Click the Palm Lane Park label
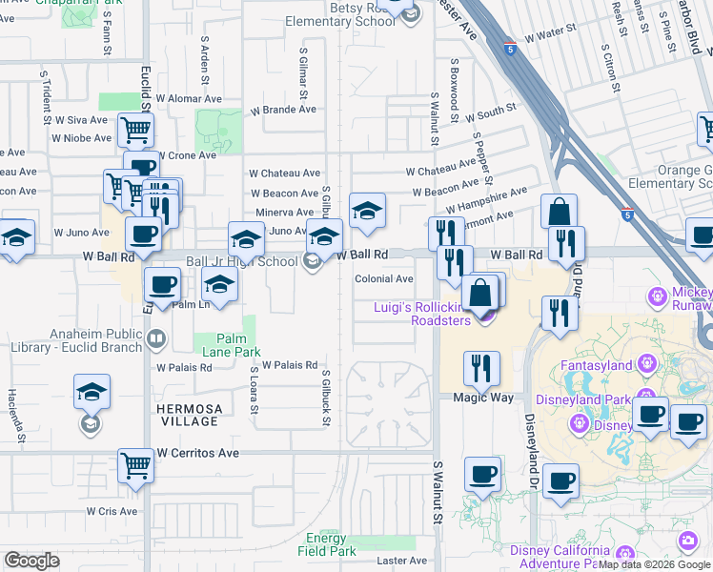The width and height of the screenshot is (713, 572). tap(224, 344)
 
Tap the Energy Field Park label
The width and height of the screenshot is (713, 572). tap(326, 544)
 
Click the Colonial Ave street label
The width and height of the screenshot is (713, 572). tap(384, 279)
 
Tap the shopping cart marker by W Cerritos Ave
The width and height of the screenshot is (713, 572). tap(136, 467)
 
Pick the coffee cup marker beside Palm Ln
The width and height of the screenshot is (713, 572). tap(162, 285)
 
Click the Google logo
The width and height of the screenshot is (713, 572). tap(32, 561)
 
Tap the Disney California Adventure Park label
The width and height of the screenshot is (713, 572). tap(560, 557)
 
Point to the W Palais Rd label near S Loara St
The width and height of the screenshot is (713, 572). tap(290, 364)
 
